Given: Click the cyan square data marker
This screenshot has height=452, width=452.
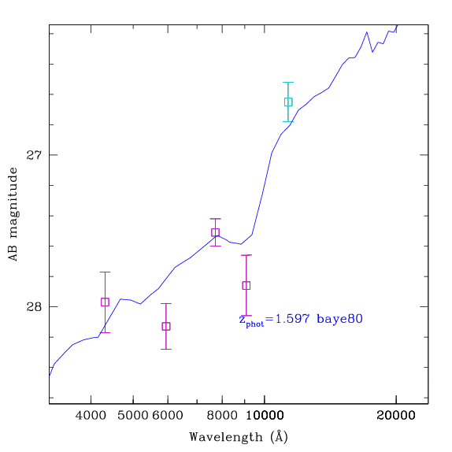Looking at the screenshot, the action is [x=288, y=102].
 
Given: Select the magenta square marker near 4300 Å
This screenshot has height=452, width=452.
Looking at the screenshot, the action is [x=105, y=302].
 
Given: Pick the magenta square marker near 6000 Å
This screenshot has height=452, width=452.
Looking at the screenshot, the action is [x=166, y=326].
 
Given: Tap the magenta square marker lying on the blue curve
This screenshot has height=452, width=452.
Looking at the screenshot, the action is [x=215, y=232].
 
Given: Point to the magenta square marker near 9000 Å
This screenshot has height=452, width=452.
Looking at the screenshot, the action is [x=246, y=285].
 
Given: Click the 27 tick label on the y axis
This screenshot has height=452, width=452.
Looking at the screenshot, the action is [x=34, y=155].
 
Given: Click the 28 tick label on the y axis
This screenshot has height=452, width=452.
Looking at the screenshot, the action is [x=34, y=307].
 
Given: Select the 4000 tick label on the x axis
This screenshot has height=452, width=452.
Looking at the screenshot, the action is [x=91, y=416].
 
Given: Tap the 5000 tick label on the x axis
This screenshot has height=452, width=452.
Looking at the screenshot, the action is [x=133, y=416].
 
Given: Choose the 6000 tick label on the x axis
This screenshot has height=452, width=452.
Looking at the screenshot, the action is [x=168, y=416].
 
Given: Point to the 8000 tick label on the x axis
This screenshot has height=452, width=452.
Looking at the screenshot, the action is [x=222, y=416].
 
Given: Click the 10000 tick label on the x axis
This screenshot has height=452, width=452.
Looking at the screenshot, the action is [x=265, y=416].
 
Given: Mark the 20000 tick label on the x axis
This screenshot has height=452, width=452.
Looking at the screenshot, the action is [x=396, y=416].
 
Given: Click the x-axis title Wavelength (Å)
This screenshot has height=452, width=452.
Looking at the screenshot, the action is [x=239, y=437].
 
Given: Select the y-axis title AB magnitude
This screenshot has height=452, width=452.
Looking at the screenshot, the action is [x=13, y=214].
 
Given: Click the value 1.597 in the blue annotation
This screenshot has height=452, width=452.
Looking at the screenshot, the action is [x=292, y=319].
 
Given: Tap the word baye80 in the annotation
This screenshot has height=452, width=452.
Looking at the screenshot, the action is [x=339, y=320].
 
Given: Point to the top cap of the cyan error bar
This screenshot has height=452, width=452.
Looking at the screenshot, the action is [x=288, y=83].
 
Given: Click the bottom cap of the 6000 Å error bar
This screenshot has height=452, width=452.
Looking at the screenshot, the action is [x=166, y=349].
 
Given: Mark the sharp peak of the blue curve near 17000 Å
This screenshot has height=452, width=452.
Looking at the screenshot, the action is [x=367, y=32].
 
